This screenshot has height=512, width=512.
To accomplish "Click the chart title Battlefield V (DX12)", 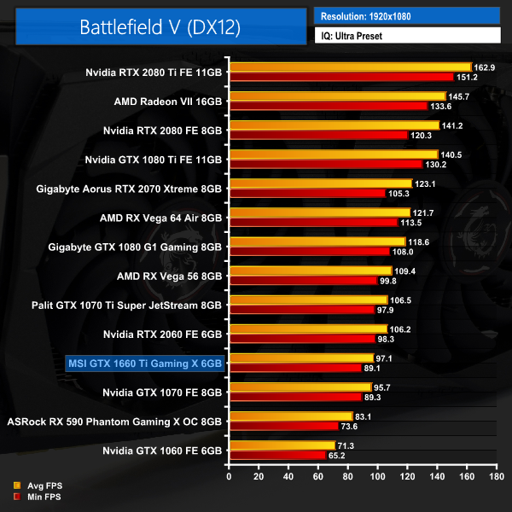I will coord(160,26).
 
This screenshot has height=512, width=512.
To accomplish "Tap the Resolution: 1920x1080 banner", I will coord(406,15).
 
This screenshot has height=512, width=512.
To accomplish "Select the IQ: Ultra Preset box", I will coord(406,36).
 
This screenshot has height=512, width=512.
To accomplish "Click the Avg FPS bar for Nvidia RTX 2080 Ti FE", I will coord(350,67).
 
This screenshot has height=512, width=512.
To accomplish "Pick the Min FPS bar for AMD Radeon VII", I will coord(328,106).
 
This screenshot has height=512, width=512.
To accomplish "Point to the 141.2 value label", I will coord(453,125).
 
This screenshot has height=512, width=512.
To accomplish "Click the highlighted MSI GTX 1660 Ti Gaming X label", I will coord(144,364).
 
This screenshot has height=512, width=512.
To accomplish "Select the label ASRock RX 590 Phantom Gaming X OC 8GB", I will coord(114,421).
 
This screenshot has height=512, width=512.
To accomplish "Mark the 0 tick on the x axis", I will coord(229,477).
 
